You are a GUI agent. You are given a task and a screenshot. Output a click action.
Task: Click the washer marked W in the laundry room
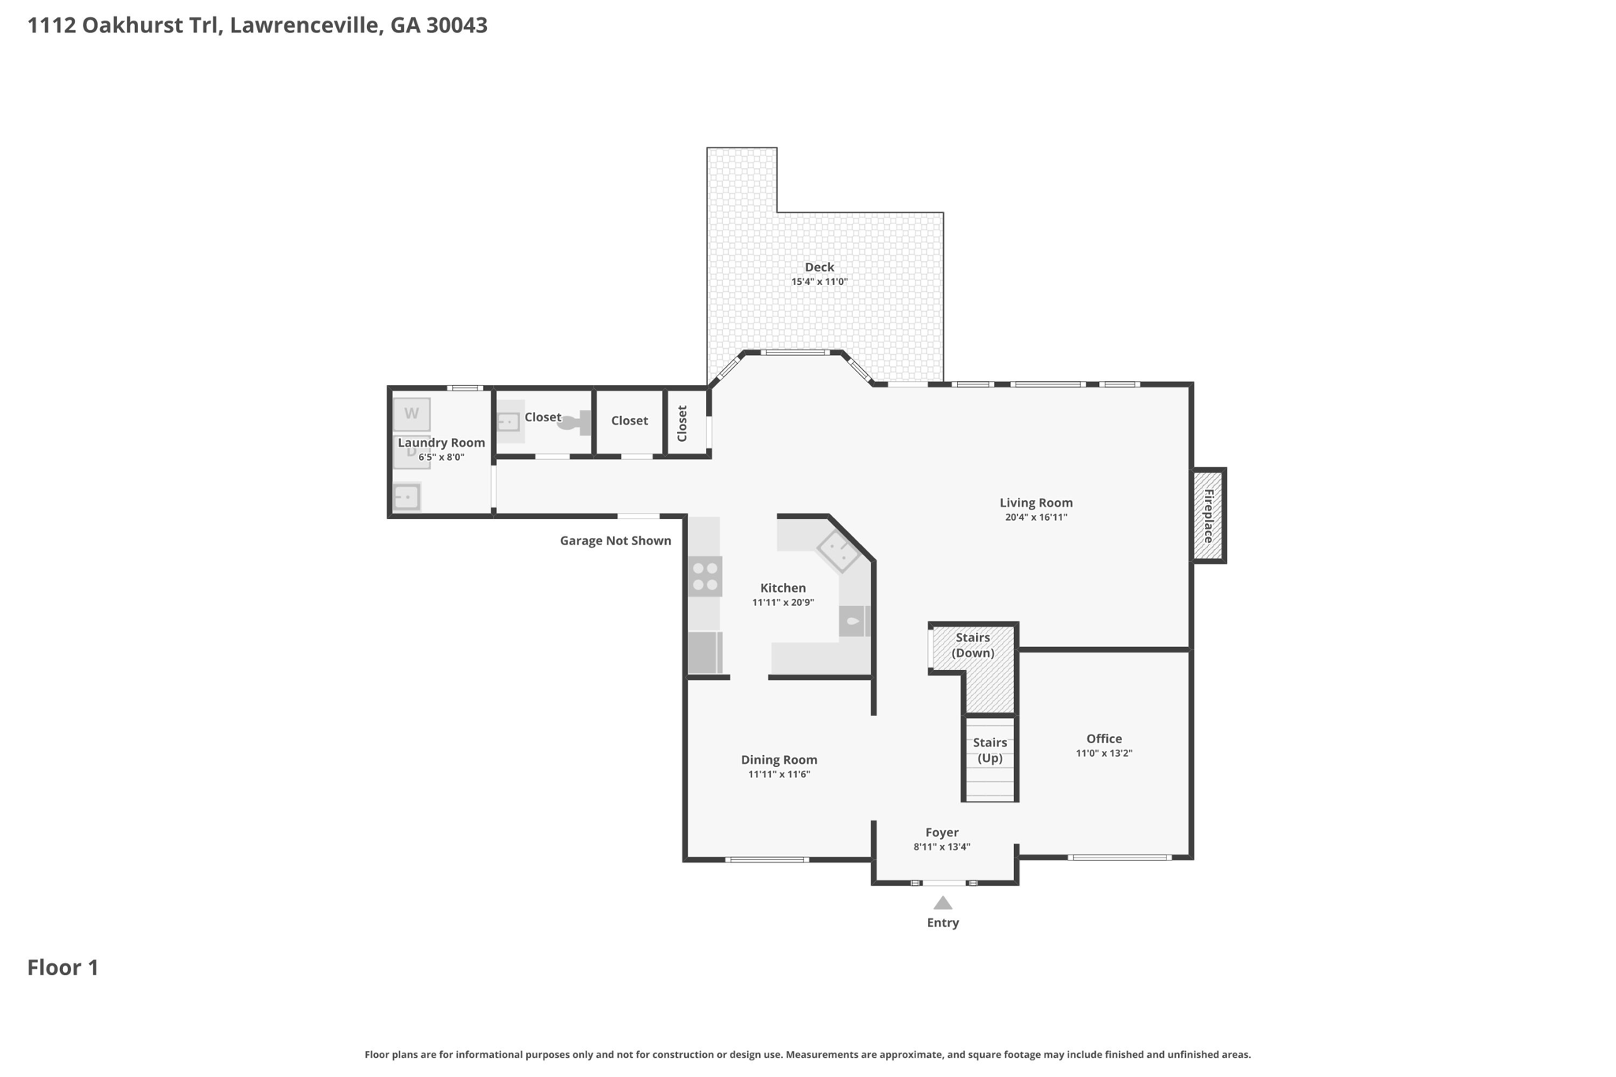click(411, 414)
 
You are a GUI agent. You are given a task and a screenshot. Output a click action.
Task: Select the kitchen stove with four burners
click(705, 577)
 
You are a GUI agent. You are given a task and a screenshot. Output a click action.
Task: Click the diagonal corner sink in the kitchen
click(838, 551)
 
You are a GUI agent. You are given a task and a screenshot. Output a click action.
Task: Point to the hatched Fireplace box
click(1208, 516)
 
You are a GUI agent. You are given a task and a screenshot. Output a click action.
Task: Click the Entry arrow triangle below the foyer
click(943, 903)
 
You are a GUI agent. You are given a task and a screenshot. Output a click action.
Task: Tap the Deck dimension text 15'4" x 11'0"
click(819, 282)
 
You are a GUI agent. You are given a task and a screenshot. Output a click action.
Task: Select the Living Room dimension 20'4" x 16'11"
click(1035, 518)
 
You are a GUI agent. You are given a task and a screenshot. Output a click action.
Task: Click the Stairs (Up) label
click(989, 750)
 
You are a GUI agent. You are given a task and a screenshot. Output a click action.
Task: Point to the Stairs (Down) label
click(972, 645)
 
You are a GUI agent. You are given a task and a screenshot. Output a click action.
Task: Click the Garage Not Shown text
click(615, 540)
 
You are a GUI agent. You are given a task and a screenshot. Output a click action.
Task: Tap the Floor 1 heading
click(63, 968)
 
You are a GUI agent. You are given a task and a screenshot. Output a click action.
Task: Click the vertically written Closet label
click(683, 424)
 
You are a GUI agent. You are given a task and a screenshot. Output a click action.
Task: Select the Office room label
click(1104, 739)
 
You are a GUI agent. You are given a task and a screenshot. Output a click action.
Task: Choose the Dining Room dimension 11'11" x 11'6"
click(779, 775)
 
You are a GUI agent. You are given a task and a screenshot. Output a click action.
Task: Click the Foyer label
click(941, 832)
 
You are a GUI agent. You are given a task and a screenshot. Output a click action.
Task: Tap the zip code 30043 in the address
click(457, 25)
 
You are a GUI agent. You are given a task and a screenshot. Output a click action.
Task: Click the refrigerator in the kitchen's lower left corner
click(705, 653)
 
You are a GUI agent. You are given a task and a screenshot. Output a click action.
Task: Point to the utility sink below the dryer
click(407, 498)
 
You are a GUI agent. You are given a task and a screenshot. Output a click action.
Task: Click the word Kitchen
click(783, 588)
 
